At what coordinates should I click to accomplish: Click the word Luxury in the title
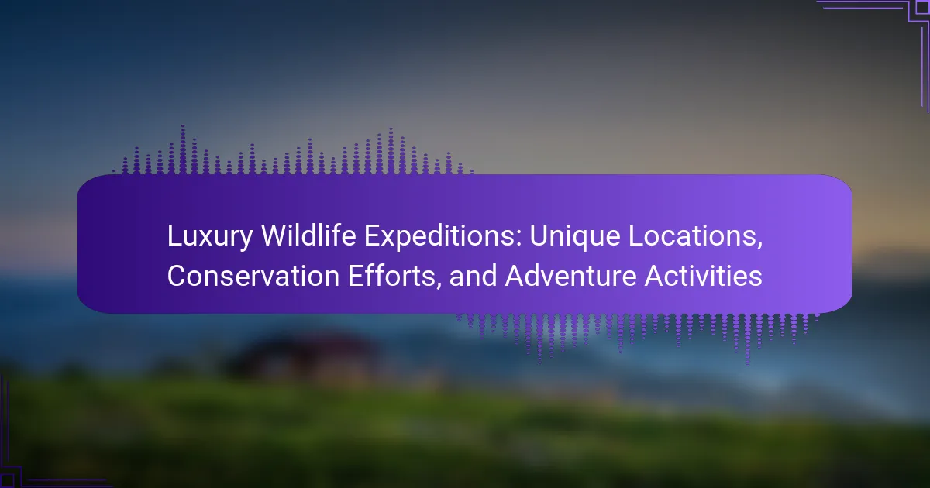tap(210, 237)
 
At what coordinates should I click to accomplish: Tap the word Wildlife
tap(308, 235)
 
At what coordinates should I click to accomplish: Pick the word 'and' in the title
tap(473, 276)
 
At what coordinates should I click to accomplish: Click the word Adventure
tap(570, 276)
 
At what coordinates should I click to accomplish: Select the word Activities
tap(704, 276)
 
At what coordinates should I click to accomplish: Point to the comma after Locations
tap(759, 246)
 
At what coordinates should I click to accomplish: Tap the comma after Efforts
tap(438, 286)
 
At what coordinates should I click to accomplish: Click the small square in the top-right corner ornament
tap(922, 7)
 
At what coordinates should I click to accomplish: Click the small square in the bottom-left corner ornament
tap(7, 480)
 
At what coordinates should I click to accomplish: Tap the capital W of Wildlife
tap(276, 235)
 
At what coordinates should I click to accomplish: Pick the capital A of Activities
tap(655, 276)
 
